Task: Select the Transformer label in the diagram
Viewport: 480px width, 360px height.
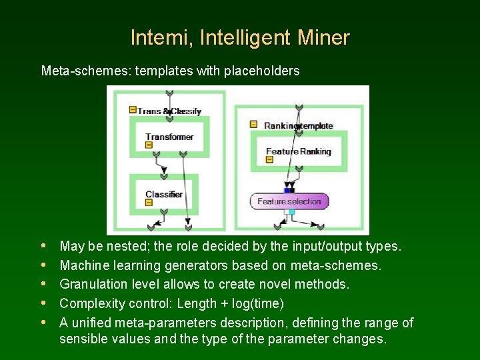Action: [x=169, y=137]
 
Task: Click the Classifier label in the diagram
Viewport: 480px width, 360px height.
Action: [x=164, y=195]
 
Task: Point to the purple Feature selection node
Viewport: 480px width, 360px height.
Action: [x=289, y=201]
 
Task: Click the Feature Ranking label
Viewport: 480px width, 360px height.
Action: [x=298, y=151]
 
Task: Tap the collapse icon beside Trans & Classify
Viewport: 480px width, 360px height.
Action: [x=133, y=110]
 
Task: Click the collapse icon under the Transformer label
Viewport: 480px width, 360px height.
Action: [x=149, y=145]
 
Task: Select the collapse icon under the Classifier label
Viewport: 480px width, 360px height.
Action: [x=149, y=203]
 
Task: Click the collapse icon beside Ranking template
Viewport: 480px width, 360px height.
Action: [x=253, y=124]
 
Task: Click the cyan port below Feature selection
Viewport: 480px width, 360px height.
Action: [x=291, y=212]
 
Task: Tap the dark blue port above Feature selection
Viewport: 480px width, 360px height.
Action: [x=289, y=190]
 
